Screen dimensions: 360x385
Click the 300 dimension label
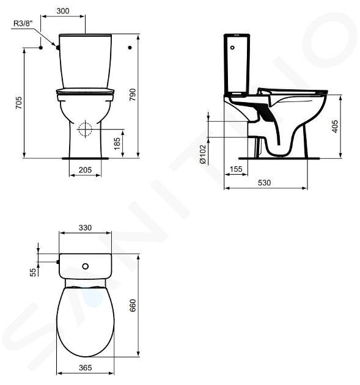click(x=63, y=11)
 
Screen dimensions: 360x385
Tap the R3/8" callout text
click(x=23, y=24)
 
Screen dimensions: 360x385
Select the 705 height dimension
click(x=19, y=103)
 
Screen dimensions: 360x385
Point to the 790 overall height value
click(x=133, y=95)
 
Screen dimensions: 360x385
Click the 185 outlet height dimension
click(x=117, y=144)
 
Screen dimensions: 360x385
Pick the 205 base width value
click(x=85, y=170)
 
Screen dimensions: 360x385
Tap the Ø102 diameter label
click(x=203, y=155)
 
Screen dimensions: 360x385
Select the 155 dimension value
click(x=236, y=169)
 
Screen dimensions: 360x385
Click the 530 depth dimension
click(x=265, y=183)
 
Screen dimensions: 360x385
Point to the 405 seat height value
click(x=335, y=127)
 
